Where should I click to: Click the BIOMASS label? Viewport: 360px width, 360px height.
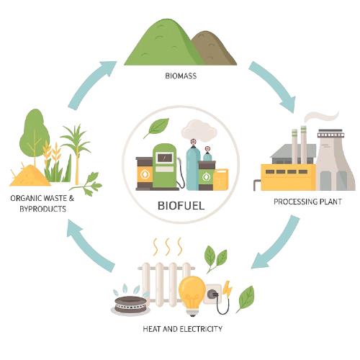pyautogui.click(x=181, y=76)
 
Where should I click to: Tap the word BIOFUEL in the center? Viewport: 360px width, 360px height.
pyautogui.click(x=181, y=206)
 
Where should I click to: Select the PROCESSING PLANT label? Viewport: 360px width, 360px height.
pyautogui.click(x=308, y=202)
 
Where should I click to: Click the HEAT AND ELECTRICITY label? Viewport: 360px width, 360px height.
pyautogui.click(x=183, y=329)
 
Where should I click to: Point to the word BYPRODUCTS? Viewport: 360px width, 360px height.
pyautogui.click(x=42, y=209)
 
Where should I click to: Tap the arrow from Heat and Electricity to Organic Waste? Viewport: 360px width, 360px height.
pyautogui.click(x=89, y=247)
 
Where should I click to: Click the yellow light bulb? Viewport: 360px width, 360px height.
pyautogui.click(x=192, y=295)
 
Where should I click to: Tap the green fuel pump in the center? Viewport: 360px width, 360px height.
pyautogui.click(x=165, y=166)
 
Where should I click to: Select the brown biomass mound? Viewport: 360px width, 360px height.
pyautogui.click(x=215, y=48)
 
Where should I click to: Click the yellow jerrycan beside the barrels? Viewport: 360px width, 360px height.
pyautogui.click(x=221, y=179)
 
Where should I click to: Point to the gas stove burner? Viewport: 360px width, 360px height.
pyautogui.click(x=130, y=305)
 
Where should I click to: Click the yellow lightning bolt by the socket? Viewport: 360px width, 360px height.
pyautogui.click(x=227, y=289)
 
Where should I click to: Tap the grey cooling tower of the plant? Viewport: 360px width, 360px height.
pyautogui.click(x=335, y=161)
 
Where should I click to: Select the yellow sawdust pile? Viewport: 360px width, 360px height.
pyautogui.click(x=30, y=176)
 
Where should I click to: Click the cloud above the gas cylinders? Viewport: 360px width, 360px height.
pyautogui.click(x=199, y=131)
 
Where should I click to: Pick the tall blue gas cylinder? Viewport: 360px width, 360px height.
pyautogui.click(x=193, y=168)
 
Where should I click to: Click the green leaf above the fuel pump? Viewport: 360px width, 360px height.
pyautogui.click(x=157, y=127)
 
